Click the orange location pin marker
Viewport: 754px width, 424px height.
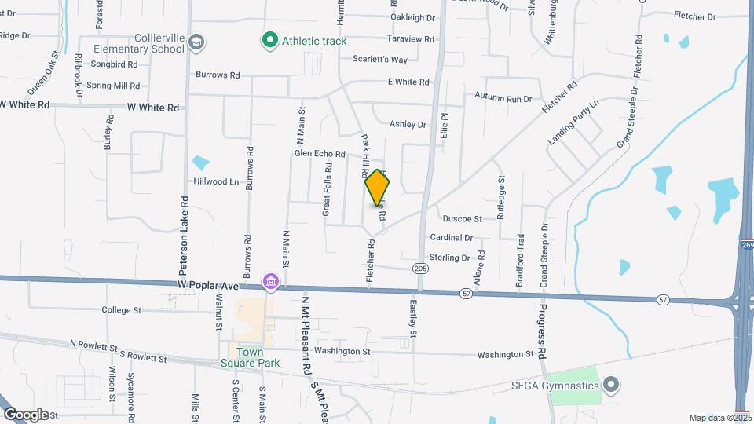[x=378, y=188]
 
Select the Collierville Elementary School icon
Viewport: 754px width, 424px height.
[x=196, y=40]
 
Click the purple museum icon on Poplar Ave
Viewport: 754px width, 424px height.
[x=271, y=281]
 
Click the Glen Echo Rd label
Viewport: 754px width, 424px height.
[x=320, y=154]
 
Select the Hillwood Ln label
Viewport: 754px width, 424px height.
[x=216, y=181]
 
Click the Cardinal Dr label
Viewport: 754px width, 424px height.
[x=452, y=237]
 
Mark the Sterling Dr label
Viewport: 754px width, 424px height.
[x=450, y=258]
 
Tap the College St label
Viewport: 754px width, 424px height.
[x=121, y=310]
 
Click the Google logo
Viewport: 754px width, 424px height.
[x=26, y=414]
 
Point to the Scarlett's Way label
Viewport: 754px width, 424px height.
[x=380, y=60]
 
